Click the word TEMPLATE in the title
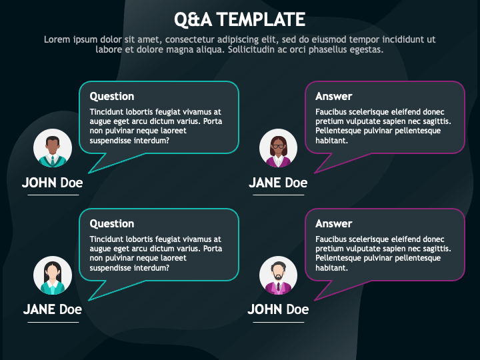click(x=261, y=19)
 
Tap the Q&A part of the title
click(x=193, y=19)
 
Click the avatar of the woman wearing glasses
click(x=278, y=148)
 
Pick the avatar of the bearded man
click(x=278, y=275)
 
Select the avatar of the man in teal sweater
click(x=53, y=148)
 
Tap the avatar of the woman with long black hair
click(x=53, y=275)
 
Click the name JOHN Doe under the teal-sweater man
click(x=53, y=183)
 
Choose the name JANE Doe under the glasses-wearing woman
click(x=278, y=183)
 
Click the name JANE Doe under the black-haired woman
click(x=53, y=309)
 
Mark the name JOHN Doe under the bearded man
click(x=278, y=309)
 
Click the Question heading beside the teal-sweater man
click(x=112, y=97)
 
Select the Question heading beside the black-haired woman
click(x=112, y=224)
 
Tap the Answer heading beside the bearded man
click(x=334, y=224)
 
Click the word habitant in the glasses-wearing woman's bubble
click(x=331, y=141)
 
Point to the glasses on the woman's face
click(x=278, y=146)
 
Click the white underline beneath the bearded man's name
click(x=278, y=322)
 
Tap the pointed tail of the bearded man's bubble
click(x=315, y=300)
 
